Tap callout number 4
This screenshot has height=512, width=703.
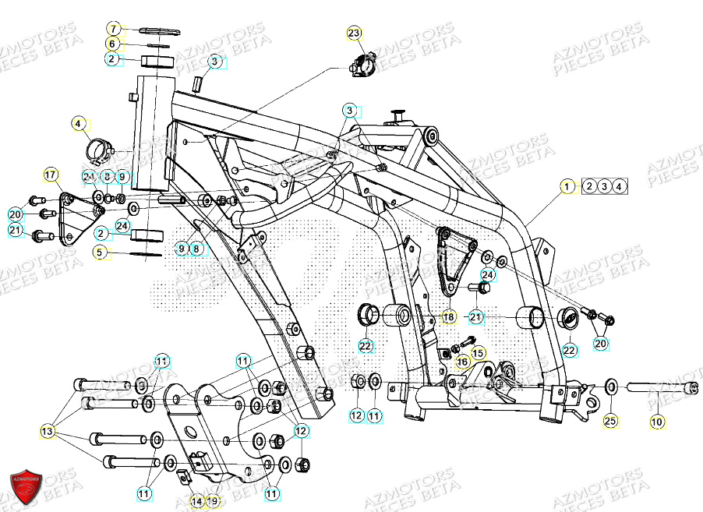pos(78,123)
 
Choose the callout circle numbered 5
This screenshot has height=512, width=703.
pos(100,252)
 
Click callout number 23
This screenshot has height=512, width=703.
pos(355,33)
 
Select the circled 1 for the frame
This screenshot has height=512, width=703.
pos(568,186)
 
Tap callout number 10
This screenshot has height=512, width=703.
pos(656,422)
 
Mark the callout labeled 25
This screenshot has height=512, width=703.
pos(611,422)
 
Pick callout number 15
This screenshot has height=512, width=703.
pos(478,353)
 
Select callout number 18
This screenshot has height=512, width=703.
pos(449,317)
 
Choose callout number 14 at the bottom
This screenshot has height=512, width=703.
pos(196,501)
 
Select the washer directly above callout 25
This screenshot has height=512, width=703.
pos(612,385)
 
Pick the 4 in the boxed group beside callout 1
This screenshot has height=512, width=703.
pos(618,186)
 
